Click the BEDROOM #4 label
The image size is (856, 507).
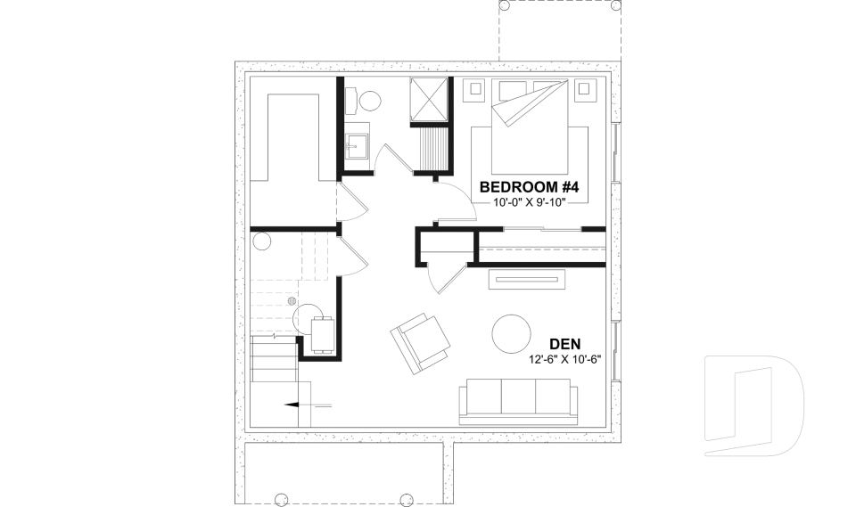coord(530,187)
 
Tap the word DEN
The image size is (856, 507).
coord(567,344)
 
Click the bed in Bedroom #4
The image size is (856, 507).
coord(529,125)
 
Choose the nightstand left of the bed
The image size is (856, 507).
coord(474,88)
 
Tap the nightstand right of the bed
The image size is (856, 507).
coord(585,88)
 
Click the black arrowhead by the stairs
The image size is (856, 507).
coord(292,405)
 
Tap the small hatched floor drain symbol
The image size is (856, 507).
coord(292,301)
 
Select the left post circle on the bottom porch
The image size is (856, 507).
coord(279,497)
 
